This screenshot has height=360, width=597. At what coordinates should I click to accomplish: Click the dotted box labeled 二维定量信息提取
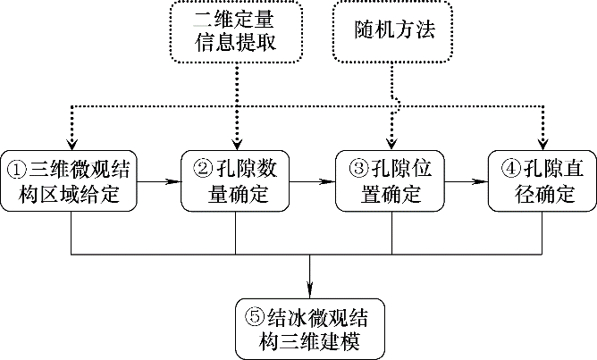(237, 32)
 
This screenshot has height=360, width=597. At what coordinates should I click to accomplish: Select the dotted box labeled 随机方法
(392, 32)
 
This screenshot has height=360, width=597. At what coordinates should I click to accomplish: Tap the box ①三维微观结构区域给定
(70, 180)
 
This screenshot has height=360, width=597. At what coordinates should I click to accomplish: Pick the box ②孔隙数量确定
(236, 180)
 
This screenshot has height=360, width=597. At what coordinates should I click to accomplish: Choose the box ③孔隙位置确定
(391, 180)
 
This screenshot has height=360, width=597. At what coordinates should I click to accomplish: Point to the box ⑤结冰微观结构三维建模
(310, 328)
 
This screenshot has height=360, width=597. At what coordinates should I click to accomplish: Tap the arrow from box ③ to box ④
(467, 180)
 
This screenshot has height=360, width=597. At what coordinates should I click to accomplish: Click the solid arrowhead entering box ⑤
(310, 290)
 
